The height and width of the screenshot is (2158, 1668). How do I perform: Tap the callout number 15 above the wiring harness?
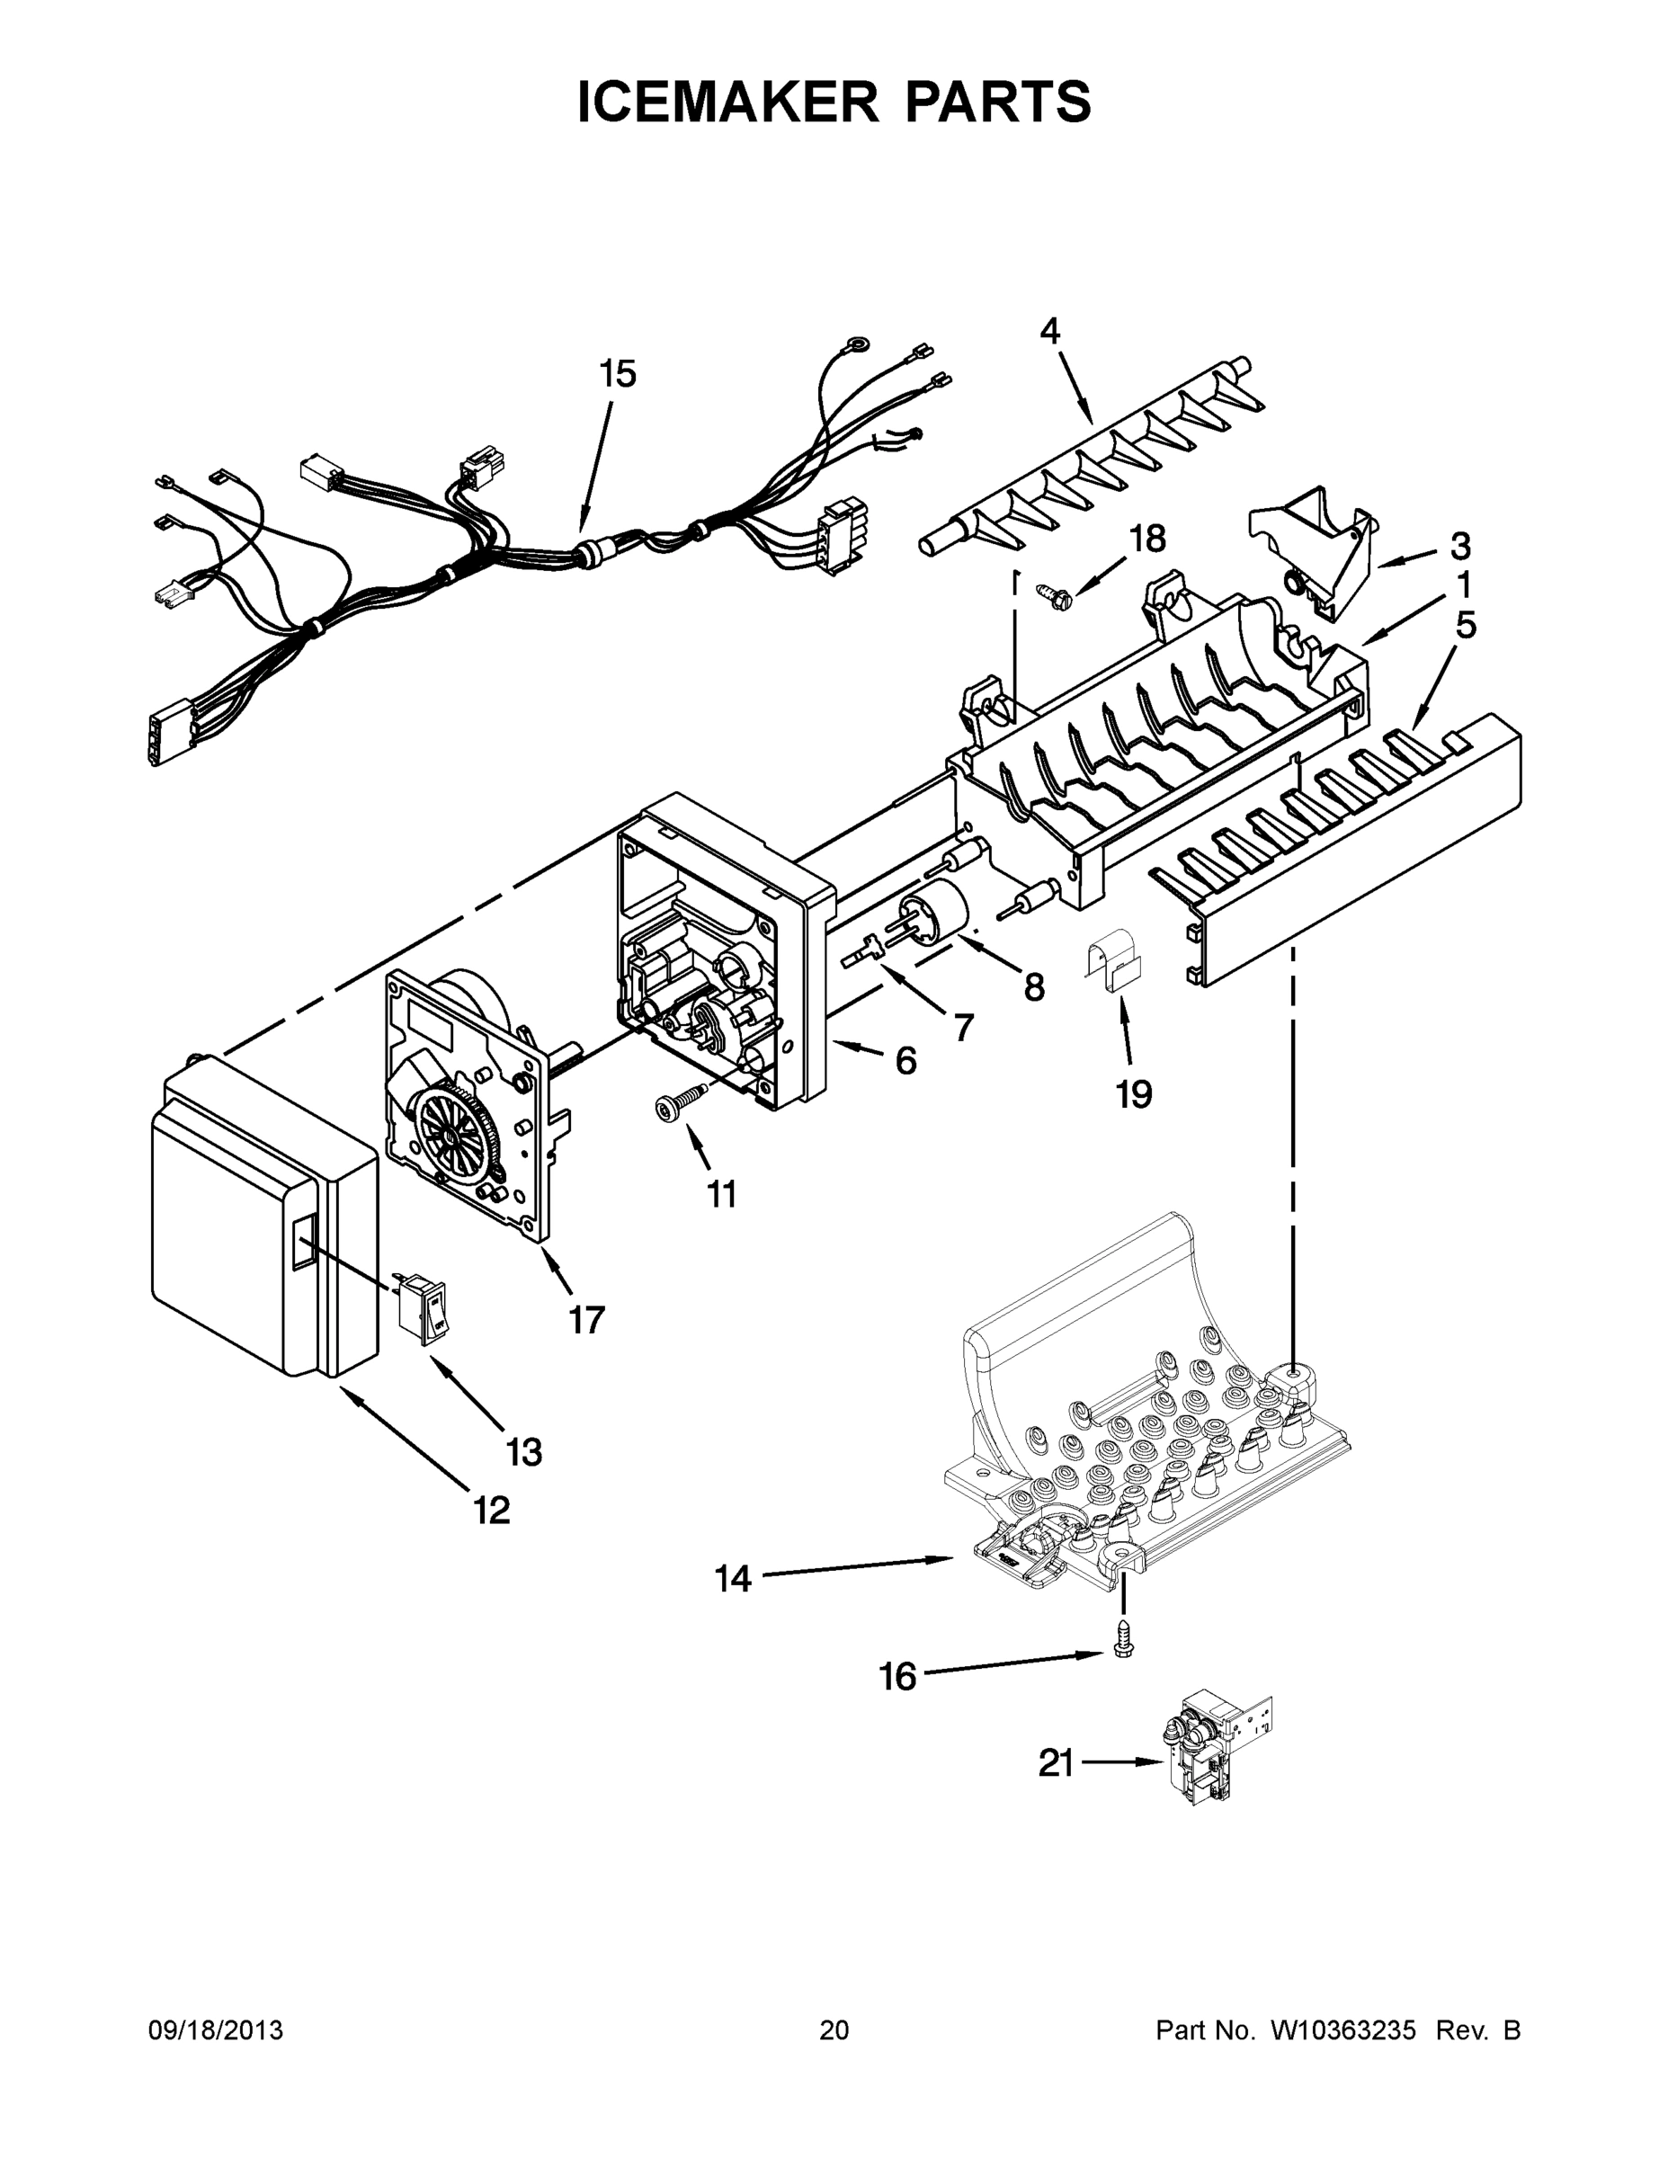[x=618, y=374]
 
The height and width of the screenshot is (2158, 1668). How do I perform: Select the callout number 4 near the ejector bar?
[x=1049, y=330]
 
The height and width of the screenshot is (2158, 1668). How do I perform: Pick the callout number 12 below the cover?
[x=491, y=1510]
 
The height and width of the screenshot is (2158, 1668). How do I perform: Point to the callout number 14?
[x=732, y=1579]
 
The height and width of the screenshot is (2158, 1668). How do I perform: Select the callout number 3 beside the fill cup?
[x=1459, y=546]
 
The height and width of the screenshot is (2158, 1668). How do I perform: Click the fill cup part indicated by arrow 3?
[x=1317, y=548]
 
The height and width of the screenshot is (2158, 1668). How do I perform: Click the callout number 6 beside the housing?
[x=905, y=1061]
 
